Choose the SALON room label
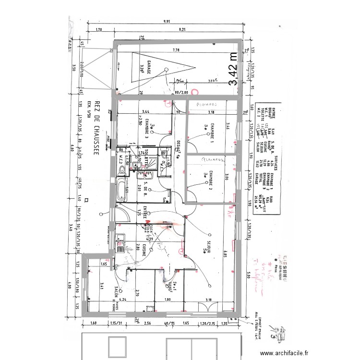[116, 293]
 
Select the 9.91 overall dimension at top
[167, 22]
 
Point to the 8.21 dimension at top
[182, 30]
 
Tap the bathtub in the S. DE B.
[121, 190]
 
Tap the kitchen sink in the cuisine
[120, 247]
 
